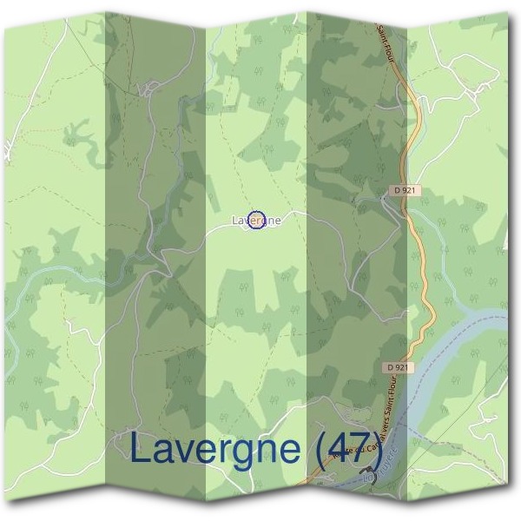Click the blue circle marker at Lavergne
point(255,221)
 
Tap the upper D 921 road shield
point(400,189)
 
